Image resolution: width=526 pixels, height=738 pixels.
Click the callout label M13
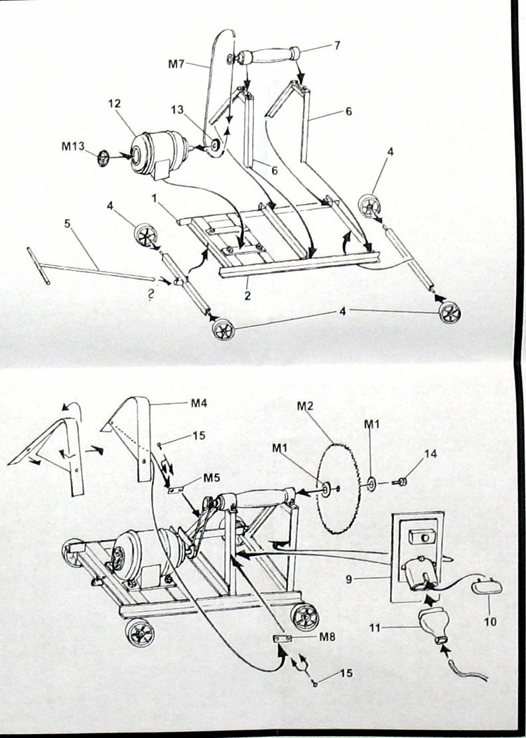click(x=73, y=146)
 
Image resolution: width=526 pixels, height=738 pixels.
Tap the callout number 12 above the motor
click(x=115, y=104)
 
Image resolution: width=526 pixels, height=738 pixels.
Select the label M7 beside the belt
click(x=176, y=64)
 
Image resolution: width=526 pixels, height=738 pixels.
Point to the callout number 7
click(x=337, y=45)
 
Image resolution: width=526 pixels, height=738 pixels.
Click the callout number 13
click(x=177, y=110)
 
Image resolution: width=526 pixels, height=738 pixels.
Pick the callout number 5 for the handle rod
click(x=67, y=223)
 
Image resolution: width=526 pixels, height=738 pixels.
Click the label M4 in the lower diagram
click(x=199, y=403)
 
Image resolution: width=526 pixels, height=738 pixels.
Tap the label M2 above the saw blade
click(x=305, y=406)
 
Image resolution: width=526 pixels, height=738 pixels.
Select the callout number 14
click(x=430, y=453)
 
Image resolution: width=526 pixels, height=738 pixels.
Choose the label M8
click(x=327, y=637)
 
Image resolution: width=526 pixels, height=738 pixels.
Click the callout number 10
click(x=490, y=622)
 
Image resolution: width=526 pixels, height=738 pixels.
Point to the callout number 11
click(x=375, y=627)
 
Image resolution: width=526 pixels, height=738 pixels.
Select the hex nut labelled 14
click(x=403, y=482)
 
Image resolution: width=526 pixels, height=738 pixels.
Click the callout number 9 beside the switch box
click(x=349, y=579)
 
